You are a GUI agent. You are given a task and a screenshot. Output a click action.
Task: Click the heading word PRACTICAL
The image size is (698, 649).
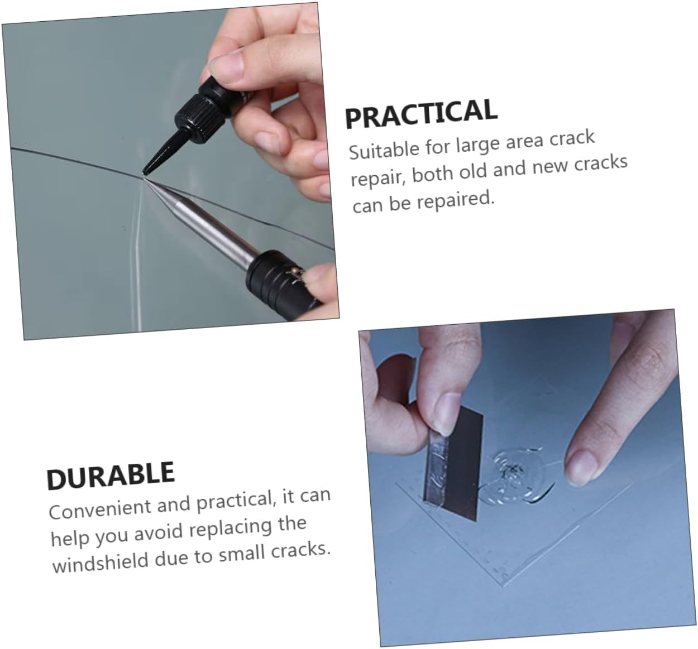(421, 113)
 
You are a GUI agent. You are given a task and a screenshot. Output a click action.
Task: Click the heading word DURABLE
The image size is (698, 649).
(111, 476)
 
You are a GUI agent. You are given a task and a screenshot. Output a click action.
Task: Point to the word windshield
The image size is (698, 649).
(101, 562)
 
